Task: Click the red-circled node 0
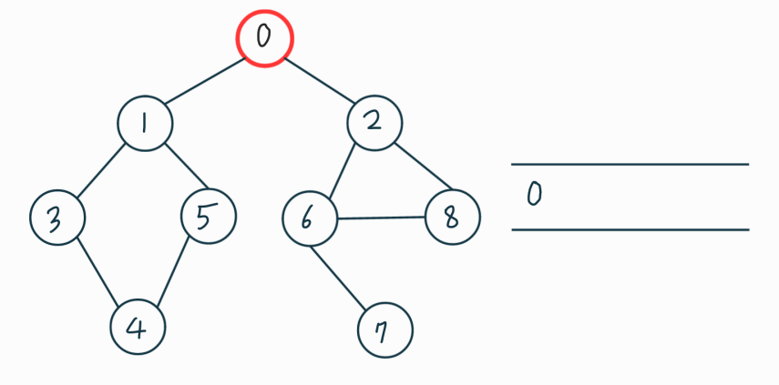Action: coord(264,38)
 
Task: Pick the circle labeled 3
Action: coord(56,219)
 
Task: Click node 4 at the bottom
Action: coord(138,327)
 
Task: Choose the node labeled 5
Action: coord(209,217)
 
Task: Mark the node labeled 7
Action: coord(385,330)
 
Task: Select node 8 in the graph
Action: coord(451,218)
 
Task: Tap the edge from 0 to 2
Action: coord(320,81)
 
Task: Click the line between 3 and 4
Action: coord(97,273)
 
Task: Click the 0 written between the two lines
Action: coord(536,194)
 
